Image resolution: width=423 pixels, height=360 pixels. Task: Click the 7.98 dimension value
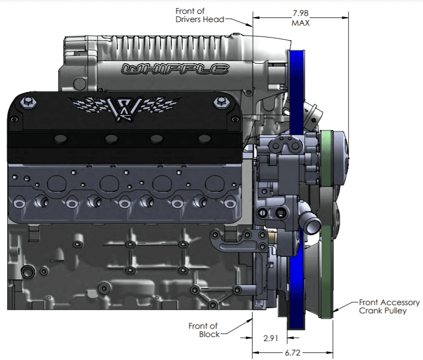301,13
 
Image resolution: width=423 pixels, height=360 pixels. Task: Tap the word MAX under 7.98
301,23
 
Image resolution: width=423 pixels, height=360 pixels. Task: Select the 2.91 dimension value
270,338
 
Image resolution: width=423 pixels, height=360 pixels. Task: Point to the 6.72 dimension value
292,352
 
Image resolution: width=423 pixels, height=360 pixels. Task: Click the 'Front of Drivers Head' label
199,15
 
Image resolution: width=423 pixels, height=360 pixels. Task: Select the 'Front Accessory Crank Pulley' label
389,307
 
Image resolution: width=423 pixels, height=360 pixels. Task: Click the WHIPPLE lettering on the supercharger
175,69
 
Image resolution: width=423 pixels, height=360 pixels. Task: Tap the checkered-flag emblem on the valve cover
124,107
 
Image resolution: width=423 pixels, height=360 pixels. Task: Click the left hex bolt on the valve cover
28,103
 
